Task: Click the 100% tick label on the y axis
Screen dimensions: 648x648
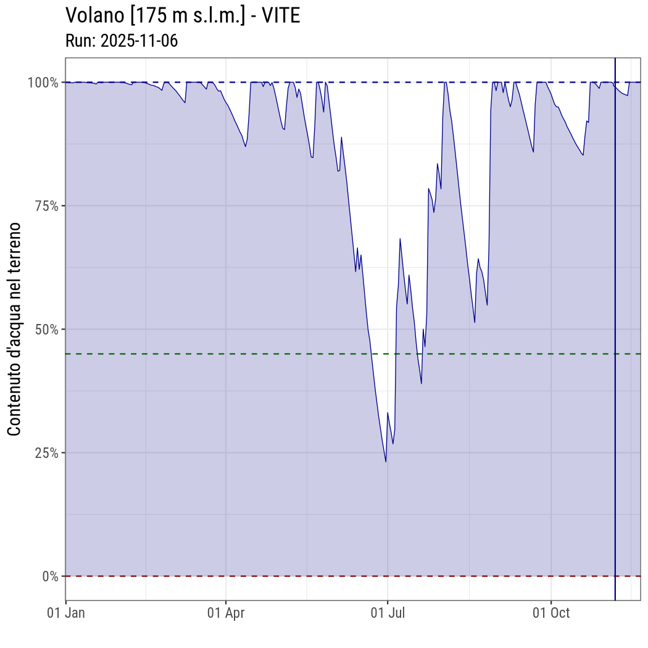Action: coord(43,82)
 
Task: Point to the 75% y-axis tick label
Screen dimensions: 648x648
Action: coord(46,206)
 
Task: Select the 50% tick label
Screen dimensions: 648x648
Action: coord(46,329)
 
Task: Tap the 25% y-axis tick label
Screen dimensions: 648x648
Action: coord(46,452)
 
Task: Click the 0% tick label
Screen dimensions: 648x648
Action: coord(50,576)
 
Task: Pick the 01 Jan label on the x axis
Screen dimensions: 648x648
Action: coord(66,613)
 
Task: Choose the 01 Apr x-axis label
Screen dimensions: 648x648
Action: coord(226,613)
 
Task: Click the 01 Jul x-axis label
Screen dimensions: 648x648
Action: coord(388,613)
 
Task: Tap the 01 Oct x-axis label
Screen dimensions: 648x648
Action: coord(551,613)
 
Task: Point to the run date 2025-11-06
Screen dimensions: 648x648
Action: coord(139,41)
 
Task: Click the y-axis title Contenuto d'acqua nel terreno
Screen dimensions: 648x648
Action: coord(15,329)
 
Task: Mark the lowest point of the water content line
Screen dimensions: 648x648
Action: coord(386,462)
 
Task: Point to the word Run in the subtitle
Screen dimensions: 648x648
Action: coord(78,41)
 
